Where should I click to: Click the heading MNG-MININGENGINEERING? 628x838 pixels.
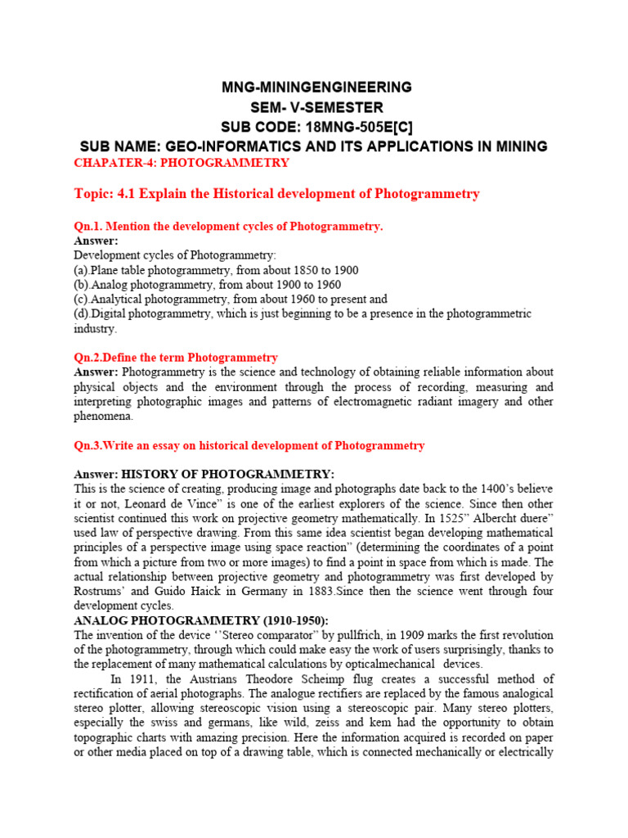click(x=316, y=88)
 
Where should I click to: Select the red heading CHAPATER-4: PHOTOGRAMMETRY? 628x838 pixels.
click(x=182, y=163)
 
